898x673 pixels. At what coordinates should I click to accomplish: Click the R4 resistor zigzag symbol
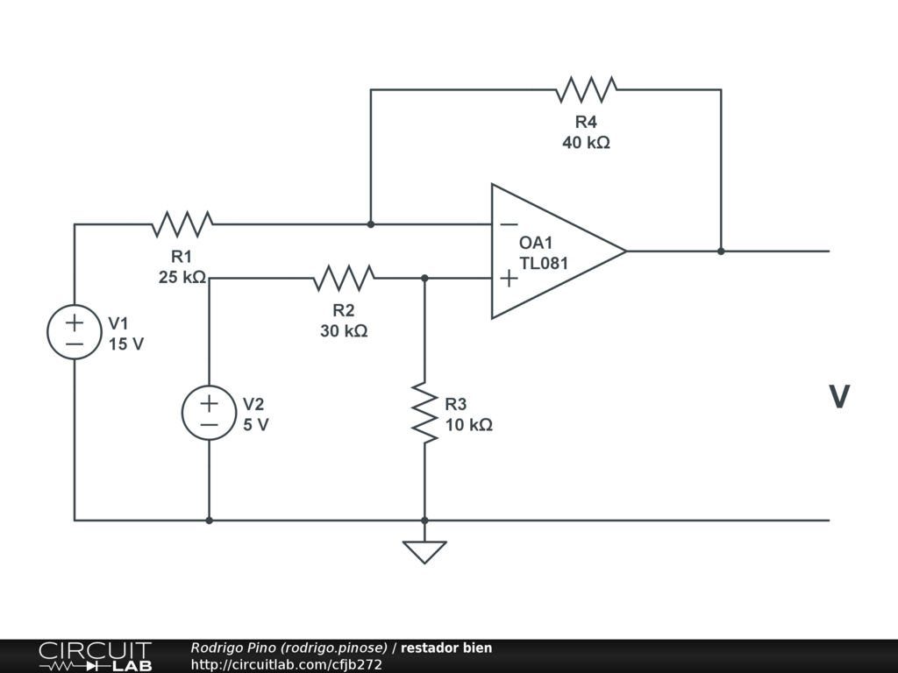tap(587, 89)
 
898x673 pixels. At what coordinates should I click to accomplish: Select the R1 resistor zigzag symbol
tap(182, 223)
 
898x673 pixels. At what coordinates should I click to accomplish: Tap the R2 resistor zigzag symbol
tap(344, 278)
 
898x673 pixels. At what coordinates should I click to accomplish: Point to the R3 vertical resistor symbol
tap(424, 413)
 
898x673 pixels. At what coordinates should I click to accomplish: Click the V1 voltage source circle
tap(75, 332)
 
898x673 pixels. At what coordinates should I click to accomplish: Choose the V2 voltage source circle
tap(209, 413)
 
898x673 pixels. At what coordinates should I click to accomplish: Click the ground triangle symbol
tap(424, 552)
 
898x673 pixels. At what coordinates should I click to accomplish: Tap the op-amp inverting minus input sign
tap(510, 224)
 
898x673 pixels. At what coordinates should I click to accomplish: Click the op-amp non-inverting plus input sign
tap(510, 279)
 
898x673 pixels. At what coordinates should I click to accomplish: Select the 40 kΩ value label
tap(586, 143)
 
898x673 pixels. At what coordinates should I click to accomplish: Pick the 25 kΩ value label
tap(182, 277)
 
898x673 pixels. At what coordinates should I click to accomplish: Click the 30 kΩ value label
tap(344, 330)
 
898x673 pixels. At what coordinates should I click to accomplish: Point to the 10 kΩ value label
tap(468, 425)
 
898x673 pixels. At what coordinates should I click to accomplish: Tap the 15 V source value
tap(126, 344)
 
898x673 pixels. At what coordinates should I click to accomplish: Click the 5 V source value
tap(255, 425)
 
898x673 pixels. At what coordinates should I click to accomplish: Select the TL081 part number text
tap(544, 263)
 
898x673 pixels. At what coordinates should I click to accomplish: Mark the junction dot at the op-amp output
tap(721, 251)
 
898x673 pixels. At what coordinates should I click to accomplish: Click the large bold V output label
tap(839, 397)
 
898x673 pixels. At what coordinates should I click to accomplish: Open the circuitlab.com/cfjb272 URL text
tap(287, 664)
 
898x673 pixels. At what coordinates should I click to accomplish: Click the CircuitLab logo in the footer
tap(96, 655)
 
